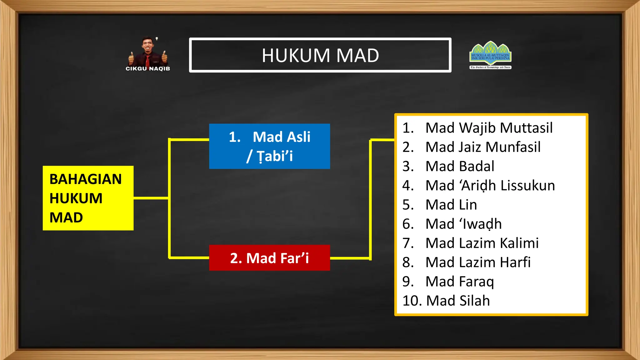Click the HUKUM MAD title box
320,55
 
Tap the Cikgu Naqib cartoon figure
148,52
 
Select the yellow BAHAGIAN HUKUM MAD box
88,198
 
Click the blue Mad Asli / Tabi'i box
269,146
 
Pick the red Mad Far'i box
269,258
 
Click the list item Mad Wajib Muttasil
489,128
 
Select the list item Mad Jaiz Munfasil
483,147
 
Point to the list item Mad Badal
460,166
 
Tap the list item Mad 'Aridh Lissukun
490,185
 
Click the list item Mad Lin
451,205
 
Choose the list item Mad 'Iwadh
463,224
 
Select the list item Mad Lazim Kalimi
482,243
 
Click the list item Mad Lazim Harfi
478,262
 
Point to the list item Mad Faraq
459,282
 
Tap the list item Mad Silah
458,301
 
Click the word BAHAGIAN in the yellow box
85,179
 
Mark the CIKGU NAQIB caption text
148,68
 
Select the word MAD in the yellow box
66,217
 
